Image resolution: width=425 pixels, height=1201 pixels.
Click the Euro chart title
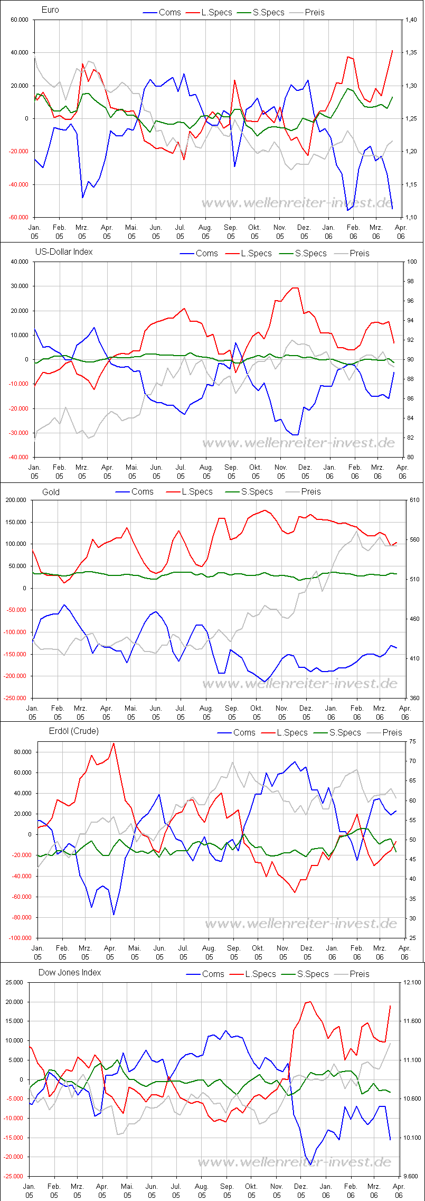[x=50, y=10]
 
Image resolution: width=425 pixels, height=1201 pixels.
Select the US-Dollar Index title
[x=63, y=252]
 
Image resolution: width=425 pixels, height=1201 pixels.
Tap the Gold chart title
[x=51, y=492]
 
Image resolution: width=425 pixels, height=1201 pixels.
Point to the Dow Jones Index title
[x=69, y=972]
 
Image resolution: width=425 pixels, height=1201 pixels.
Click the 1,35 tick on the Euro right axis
[x=411, y=52]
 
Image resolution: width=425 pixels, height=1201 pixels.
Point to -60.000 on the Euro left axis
[x=18, y=217]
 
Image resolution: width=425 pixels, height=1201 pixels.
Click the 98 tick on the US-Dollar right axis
[x=412, y=281]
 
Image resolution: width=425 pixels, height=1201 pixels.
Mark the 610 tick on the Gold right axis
[x=413, y=500]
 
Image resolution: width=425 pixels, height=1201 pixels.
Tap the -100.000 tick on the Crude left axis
[x=21, y=938]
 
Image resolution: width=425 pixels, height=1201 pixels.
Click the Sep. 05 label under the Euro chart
[x=231, y=232]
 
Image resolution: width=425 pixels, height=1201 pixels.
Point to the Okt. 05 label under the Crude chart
[x=258, y=952]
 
